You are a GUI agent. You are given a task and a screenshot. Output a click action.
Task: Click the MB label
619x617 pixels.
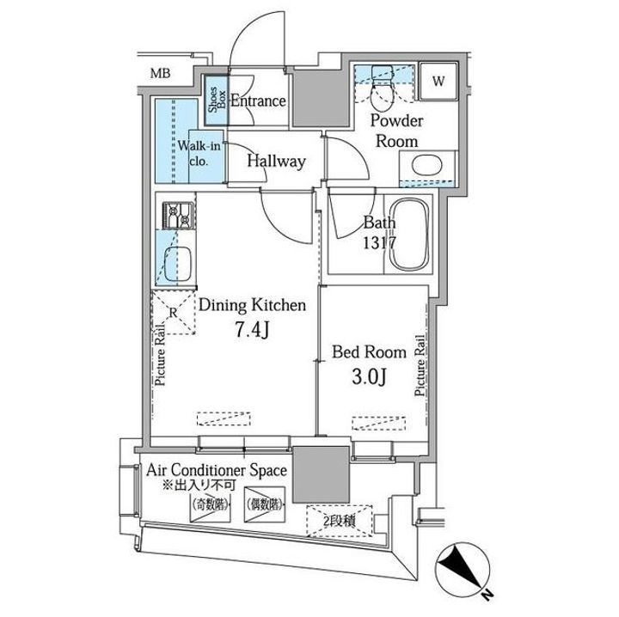coord(161,74)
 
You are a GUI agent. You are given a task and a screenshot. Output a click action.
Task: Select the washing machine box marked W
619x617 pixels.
coord(438,83)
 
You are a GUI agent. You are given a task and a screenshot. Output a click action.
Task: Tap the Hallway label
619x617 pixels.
coord(276,161)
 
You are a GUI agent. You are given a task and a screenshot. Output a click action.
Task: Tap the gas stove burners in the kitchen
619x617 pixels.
coord(177,215)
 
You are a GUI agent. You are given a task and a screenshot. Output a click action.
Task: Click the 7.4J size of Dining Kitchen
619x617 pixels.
coord(251,330)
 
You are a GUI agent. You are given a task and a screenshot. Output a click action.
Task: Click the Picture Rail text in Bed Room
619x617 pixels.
coord(420,364)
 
